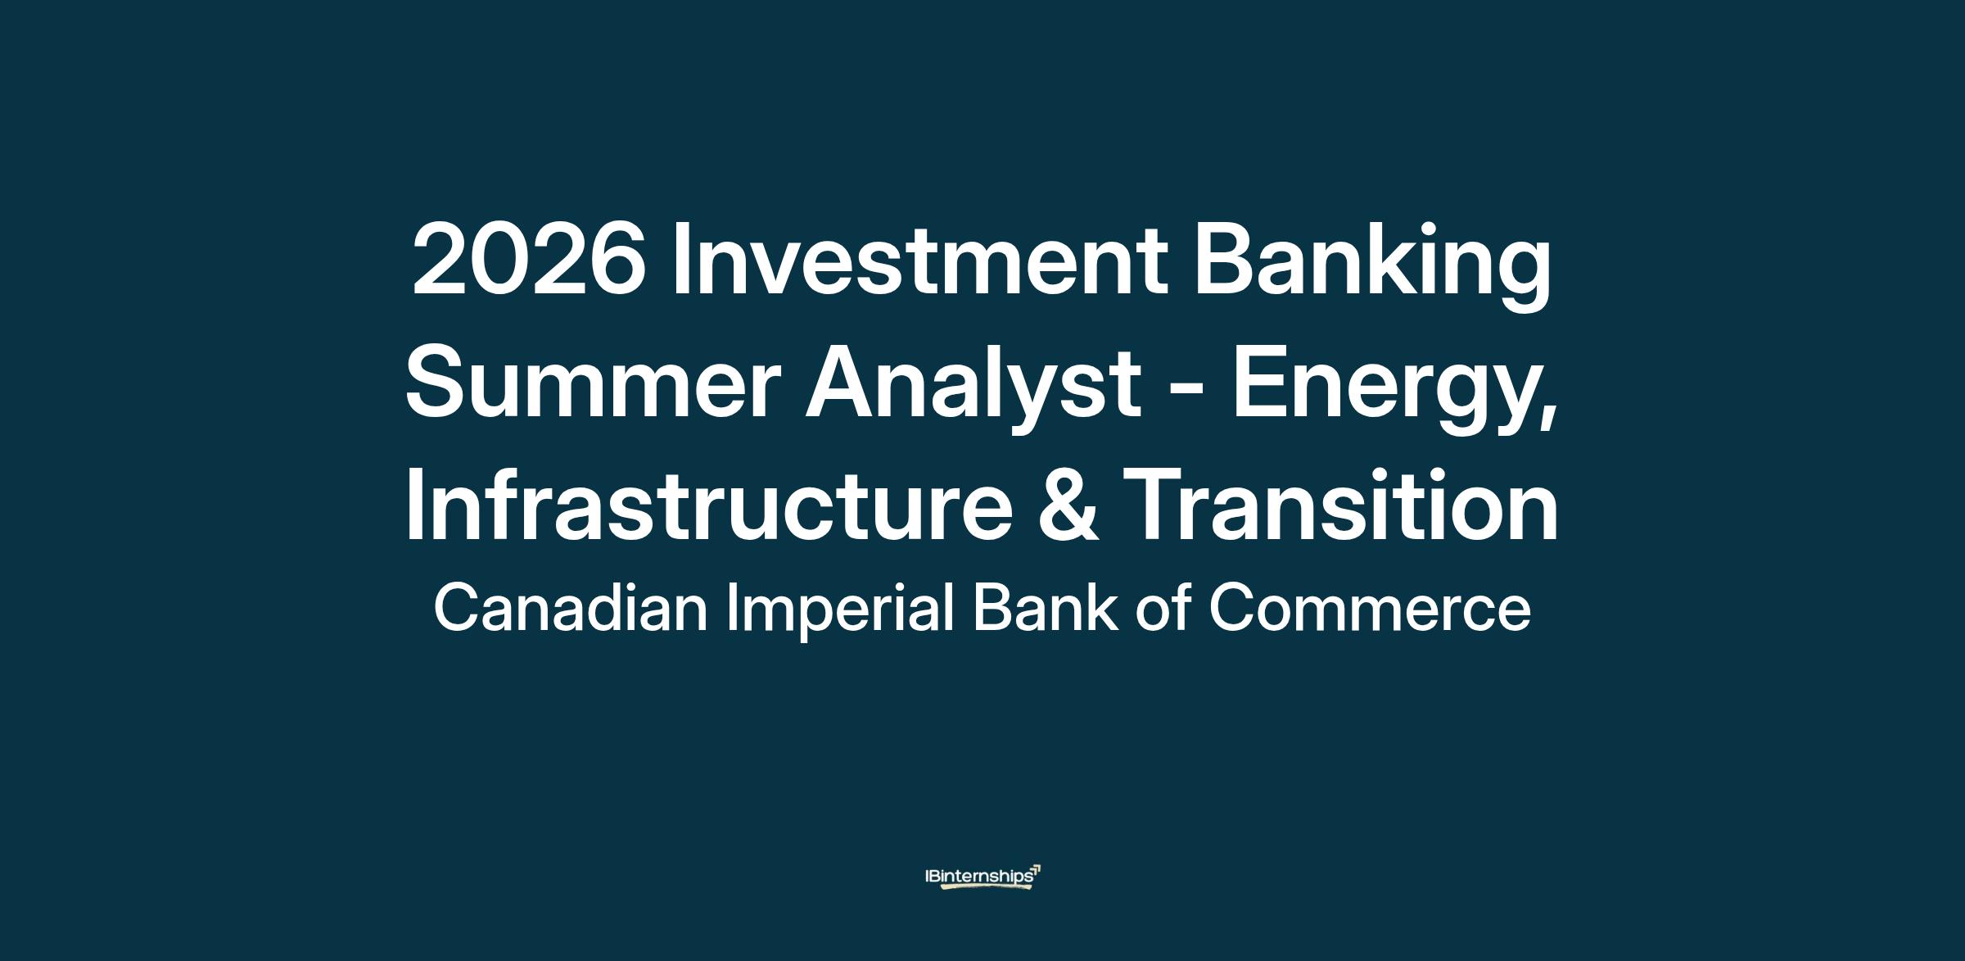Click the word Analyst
pyautogui.click(x=973, y=392)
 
